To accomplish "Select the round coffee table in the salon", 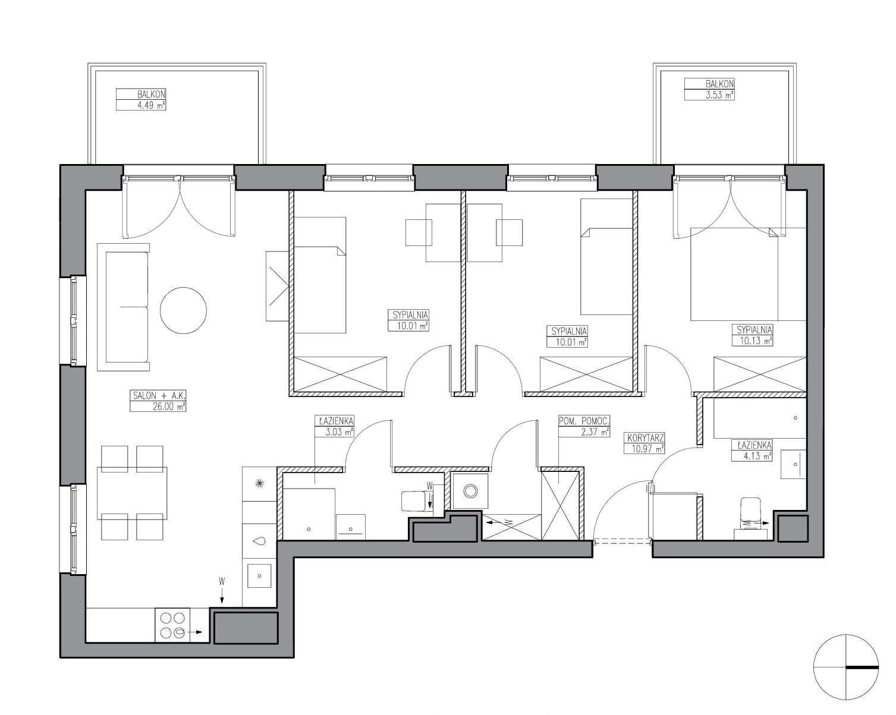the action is coord(183,310).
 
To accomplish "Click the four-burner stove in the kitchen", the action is coord(172,625).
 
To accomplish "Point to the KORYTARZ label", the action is coord(645,438).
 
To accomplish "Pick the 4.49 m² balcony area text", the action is coord(151,105).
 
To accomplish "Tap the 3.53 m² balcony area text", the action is coord(719,95).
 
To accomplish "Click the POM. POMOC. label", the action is coord(584,421).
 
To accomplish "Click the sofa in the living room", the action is coord(123,307).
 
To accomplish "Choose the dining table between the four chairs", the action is coord(132,493).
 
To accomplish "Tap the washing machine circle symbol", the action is coord(470,491).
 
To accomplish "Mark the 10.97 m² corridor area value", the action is coord(645,449).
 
